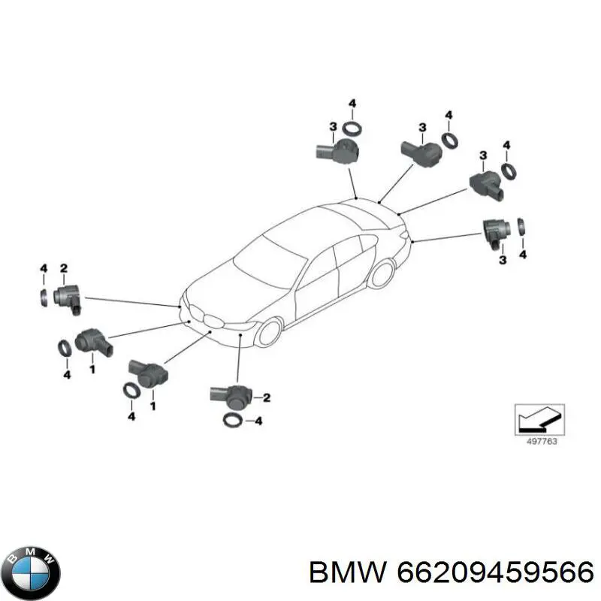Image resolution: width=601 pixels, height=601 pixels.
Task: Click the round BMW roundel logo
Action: pos(34,572)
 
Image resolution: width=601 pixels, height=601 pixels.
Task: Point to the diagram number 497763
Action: pos(542,441)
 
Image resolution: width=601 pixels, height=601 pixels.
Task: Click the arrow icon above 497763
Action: pos(539,419)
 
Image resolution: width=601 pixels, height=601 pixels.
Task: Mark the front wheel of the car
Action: pos(270,332)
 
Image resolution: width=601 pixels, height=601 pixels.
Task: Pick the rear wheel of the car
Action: pos(382,273)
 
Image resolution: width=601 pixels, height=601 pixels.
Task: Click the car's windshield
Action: pos(270,263)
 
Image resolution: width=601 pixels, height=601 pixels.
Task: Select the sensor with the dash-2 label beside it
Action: pos(231,397)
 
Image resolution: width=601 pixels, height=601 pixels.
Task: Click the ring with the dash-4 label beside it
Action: pos(232,421)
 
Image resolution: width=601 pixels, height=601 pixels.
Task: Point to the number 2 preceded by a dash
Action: pos(267,397)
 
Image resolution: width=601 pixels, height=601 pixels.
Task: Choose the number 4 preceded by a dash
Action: pos(258,421)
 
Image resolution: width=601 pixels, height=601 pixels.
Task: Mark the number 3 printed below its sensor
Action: pos(503,260)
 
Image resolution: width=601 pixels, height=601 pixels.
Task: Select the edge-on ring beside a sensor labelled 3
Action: pos(521,227)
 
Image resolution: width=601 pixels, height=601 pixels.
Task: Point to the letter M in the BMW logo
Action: pos(32,552)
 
